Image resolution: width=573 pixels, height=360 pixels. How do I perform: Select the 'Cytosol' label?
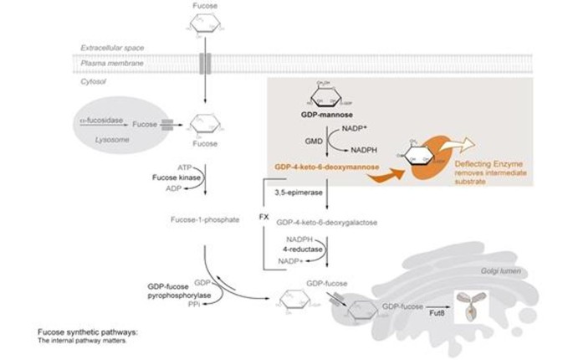click(93, 81)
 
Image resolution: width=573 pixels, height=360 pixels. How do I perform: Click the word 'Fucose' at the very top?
click(204, 7)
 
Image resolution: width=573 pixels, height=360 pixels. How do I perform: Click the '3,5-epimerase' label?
click(293, 193)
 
